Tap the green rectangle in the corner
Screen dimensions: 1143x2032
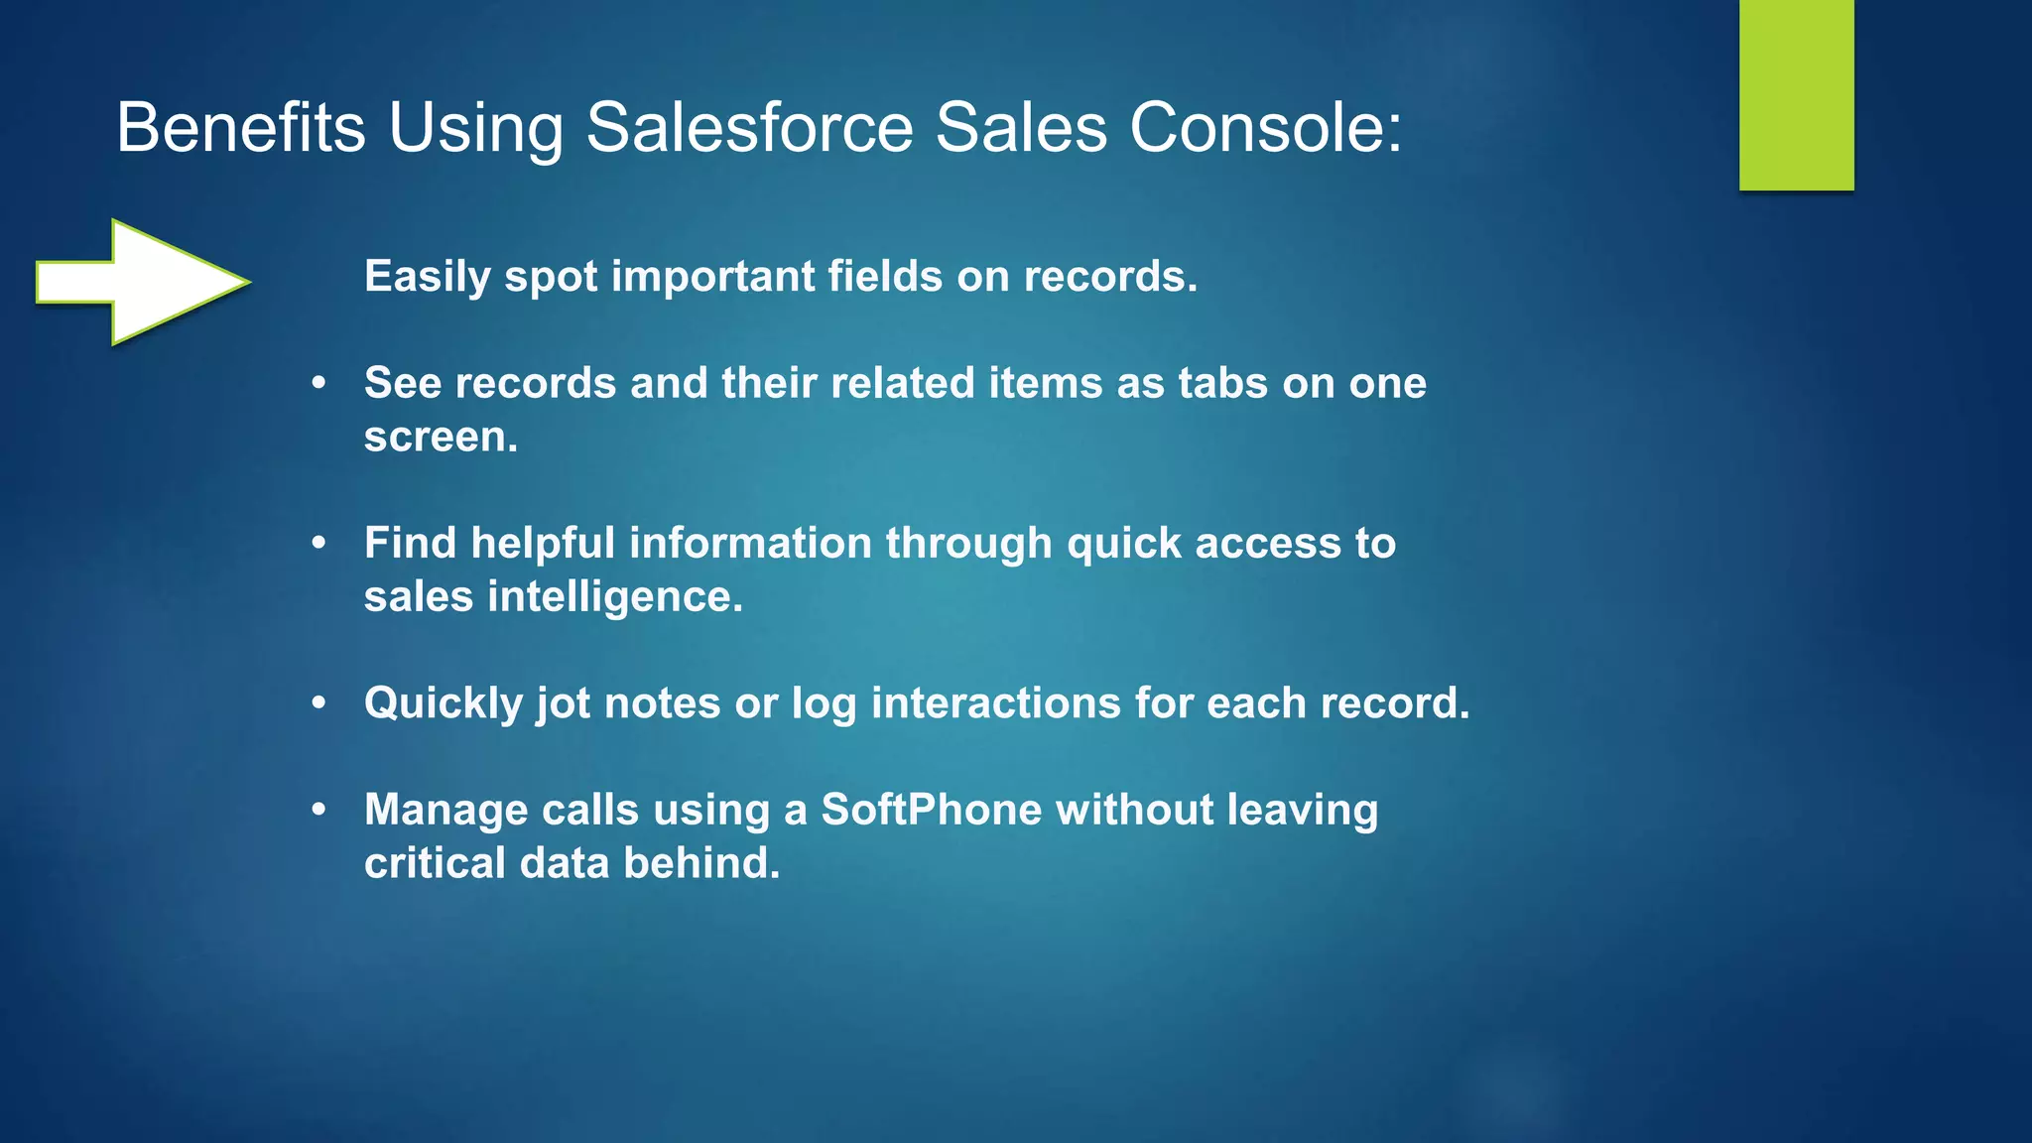[x=1796, y=94]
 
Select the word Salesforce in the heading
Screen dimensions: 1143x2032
[x=749, y=128]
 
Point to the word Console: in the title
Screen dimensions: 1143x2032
[x=1266, y=128]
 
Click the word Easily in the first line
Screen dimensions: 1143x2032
[x=427, y=277]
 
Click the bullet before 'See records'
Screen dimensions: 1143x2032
[x=318, y=383]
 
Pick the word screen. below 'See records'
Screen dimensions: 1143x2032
[x=441, y=437]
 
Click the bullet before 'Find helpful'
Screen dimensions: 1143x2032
[x=318, y=543]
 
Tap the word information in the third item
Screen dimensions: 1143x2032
[x=750, y=543]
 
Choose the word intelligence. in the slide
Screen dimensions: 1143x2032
[x=615, y=597]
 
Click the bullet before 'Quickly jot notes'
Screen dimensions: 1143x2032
[x=318, y=702]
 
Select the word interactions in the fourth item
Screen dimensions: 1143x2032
[x=995, y=702]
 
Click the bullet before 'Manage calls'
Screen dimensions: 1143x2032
[x=318, y=810]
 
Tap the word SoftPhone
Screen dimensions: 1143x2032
[x=931, y=810]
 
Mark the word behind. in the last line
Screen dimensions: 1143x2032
[x=701, y=863]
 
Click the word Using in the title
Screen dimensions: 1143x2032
[x=475, y=128]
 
